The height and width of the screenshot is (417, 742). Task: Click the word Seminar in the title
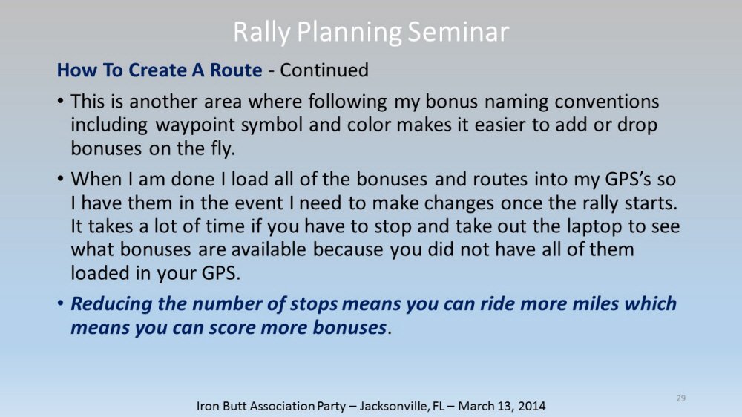458,32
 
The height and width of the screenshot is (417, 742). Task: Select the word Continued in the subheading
324,70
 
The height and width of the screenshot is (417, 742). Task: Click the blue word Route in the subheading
236,70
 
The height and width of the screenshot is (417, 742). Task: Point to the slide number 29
681,398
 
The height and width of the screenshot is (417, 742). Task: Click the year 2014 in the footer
532,406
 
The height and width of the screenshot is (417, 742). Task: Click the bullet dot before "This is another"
60,102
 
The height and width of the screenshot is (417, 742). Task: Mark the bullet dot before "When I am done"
60,180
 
